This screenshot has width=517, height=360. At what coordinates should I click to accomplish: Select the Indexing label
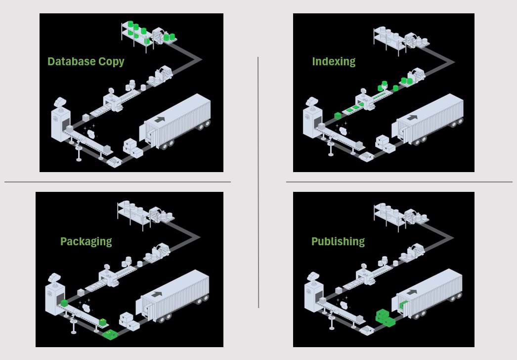point(334,62)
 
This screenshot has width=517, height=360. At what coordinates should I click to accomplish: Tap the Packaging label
point(86,241)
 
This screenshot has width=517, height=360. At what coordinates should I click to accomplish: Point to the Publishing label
point(338,241)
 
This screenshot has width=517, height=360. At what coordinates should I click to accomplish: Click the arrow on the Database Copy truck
point(160,119)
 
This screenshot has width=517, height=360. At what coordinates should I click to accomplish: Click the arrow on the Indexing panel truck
point(412,117)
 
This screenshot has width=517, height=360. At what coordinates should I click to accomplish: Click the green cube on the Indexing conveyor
point(338,116)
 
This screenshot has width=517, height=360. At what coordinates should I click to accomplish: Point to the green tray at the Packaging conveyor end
point(110,335)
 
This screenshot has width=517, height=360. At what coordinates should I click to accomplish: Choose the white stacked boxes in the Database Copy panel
point(133,148)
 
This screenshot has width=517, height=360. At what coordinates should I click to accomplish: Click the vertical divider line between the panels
point(258,182)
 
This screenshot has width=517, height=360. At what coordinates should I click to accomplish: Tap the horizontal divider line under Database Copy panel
point(118,182)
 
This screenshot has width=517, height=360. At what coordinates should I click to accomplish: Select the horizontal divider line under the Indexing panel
point(399,182)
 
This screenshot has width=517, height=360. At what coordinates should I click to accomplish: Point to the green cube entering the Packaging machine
point(64,303)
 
